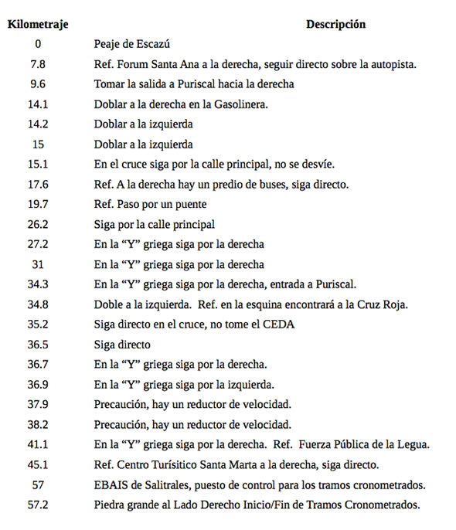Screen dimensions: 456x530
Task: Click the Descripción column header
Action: pyautogui.click(x=335, y=24)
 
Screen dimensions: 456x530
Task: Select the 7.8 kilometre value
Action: pyautogui.click(x=37, y=64)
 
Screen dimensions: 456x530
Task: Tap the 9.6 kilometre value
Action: pyautogui.click(x=37, y=84)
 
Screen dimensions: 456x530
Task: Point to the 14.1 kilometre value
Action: pyautogui.click(x=37, y=104)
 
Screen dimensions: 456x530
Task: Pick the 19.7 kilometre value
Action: pyautogui.click(x=37, y=205)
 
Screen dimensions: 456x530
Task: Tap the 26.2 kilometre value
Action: pyautogui.click(x=37, y=225)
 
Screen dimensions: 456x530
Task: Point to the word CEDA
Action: pyautogui.click(x=283, y=325)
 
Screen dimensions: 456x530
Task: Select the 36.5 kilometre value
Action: pyautogui.click(x=37, y=345)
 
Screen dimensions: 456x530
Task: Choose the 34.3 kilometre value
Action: pyautogui.click(x=37, y=285)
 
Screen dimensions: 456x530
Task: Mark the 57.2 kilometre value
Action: pyautogui.click(x=37, y=505)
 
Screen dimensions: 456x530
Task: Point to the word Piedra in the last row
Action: pyautogui.click(x=110, y=505)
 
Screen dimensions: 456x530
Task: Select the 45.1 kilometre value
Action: pyautogui.click(x=37, y=464)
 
